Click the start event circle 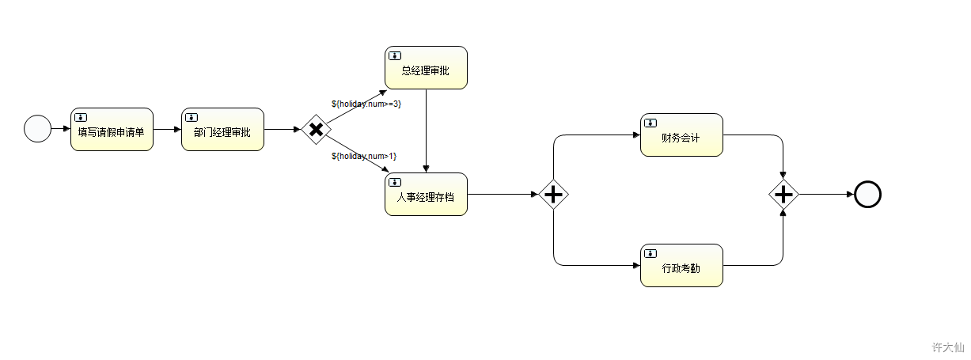(x=37, y=128)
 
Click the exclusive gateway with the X (x=315, y=129)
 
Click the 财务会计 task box (x=681, y=135)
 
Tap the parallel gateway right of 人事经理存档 (x=553, y=193)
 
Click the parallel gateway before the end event (x=783, y=193)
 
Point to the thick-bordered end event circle (x=867, y=194)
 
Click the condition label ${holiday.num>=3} (x=366, y=104)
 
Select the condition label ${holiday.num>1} (x=364, y=156)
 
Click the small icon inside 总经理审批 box (x=394, y=55)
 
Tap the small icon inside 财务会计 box (x=650, y=123)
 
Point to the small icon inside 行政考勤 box (x=650, y=253)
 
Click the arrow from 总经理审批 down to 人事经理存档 (x=427, y=131)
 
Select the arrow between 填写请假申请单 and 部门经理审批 (x=167, y=129)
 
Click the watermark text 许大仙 (x=947, y=347)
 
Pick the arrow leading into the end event (x=826, y=194)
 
